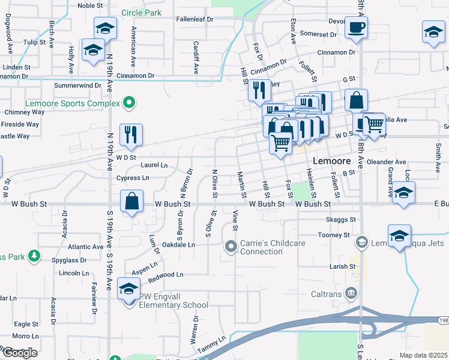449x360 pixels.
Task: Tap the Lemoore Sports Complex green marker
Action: (x=128, y=103)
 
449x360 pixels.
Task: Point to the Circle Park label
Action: (x=142, y=12)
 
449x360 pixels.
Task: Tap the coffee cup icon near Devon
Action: (x=356, y=28)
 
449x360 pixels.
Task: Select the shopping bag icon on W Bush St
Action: (x=131, y=202)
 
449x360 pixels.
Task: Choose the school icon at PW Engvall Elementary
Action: (x=128, y=289)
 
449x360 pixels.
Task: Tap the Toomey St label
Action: (x=330, y=235)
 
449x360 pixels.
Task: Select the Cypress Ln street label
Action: (x=133, y=178)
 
